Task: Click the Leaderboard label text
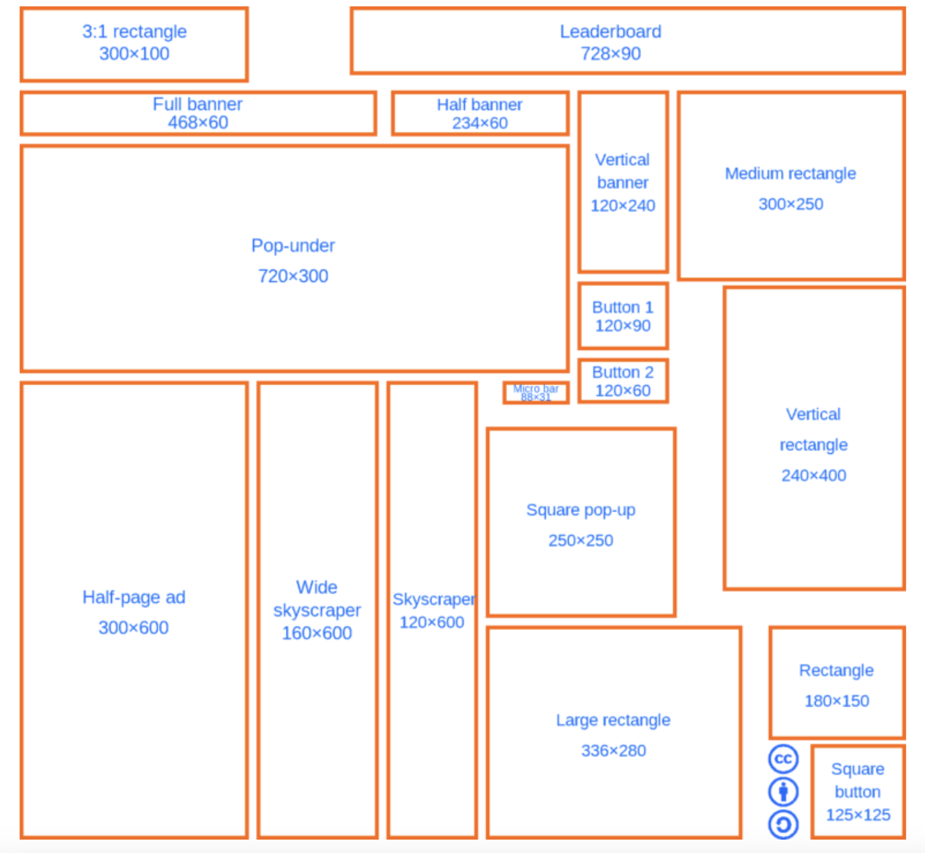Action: pos(610,32)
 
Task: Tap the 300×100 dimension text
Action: pos(134,54)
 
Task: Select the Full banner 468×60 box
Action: pos(198,114)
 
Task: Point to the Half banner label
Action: pos(479,104)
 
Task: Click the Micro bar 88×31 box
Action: pos(535,392)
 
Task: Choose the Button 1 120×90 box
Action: pos(623,316)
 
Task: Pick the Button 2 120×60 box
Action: pos(623,381)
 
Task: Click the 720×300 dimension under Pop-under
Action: pos(293,276)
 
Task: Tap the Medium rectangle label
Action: pos(790,174)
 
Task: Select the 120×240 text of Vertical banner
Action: pos(623,206)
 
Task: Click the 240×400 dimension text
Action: pos(813,475)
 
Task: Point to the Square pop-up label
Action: pos(580,510)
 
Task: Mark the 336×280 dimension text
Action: pos(613,751)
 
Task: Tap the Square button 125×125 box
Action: pos(857,792)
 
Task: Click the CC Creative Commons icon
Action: pos(783,759)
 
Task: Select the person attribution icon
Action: pos(783,792)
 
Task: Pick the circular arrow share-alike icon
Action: pos(783,824)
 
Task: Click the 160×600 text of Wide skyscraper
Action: pos(317,633)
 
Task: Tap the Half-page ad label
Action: pos(134,597)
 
